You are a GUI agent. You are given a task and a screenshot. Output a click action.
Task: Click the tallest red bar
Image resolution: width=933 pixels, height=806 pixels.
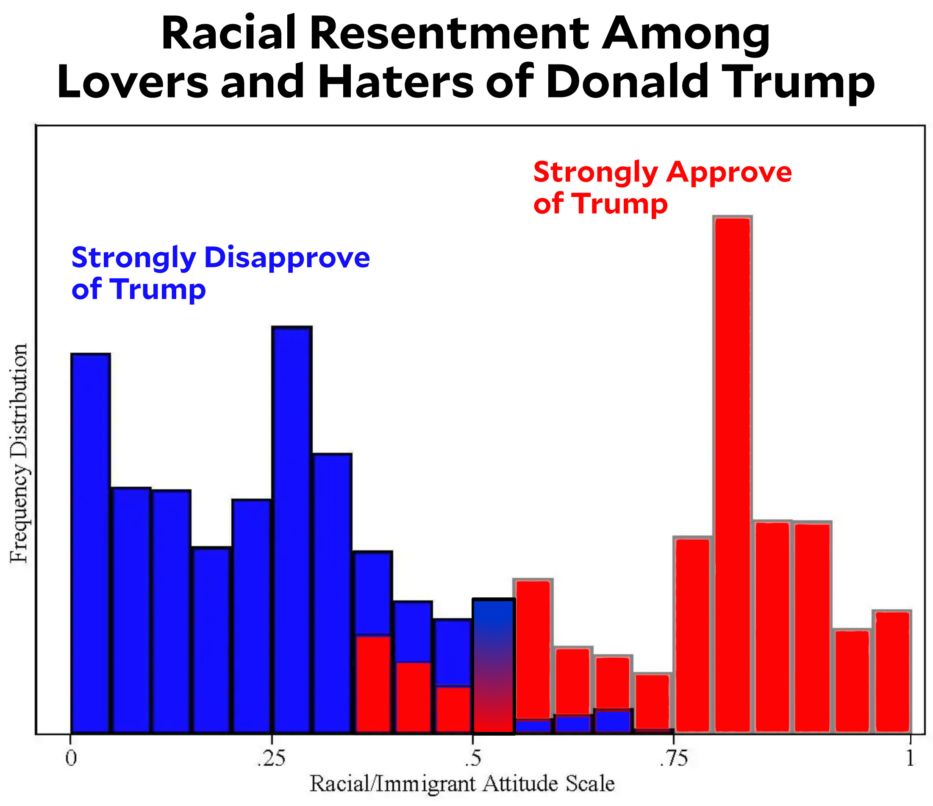[733, 473]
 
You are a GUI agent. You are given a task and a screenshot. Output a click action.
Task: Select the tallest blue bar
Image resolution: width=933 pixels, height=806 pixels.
[292, 527]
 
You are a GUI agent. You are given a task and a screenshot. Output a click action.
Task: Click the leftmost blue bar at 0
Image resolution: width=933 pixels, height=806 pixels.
[91, 541]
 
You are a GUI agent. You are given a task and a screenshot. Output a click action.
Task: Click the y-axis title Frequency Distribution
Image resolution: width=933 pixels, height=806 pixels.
[19, 453]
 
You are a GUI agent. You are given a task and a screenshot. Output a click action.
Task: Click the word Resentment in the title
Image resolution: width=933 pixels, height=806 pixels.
[450, 34]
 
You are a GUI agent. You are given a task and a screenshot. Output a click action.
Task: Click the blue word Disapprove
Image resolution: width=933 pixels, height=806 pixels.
[287, 258]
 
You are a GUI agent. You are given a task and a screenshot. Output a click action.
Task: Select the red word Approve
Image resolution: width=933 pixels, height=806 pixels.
[729, 173]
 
